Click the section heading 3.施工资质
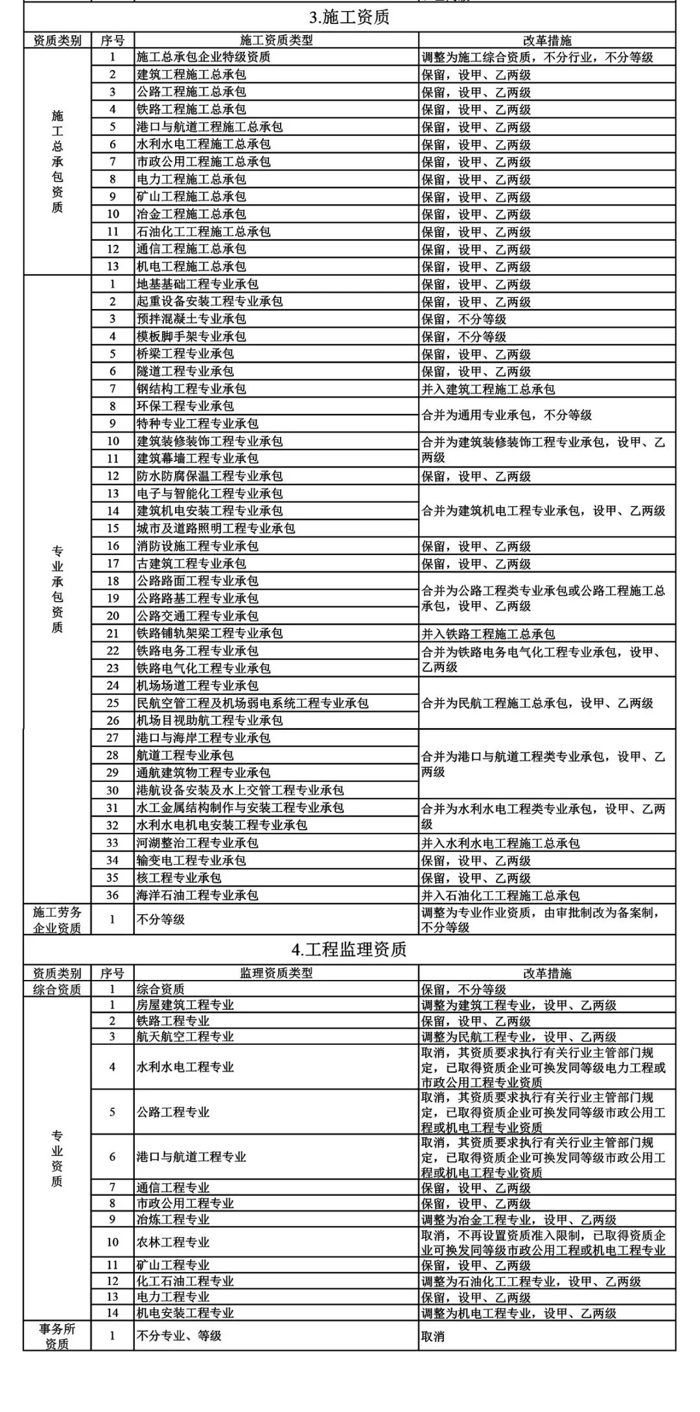(x=349, y=17)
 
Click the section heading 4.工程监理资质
(x=349, y=950)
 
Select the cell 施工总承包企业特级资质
(x=204, y=57)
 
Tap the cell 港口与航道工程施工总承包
(x=209, y=127)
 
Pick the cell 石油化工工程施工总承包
(x=204, y=232)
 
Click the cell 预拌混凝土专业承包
(x=191, y=319)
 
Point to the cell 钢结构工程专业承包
(x=191, y=389)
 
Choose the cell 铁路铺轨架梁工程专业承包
(x=209, y=633)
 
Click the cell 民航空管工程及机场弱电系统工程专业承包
(x=252, y=703)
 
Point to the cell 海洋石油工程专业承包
(x=197, y=896)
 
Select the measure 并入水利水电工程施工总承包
(x=500, y=843)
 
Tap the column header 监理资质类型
(x=276, y=973)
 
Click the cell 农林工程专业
(x=173, y=1242)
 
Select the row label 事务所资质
(x=57, y=1336)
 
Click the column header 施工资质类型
(x=276, y=40)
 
